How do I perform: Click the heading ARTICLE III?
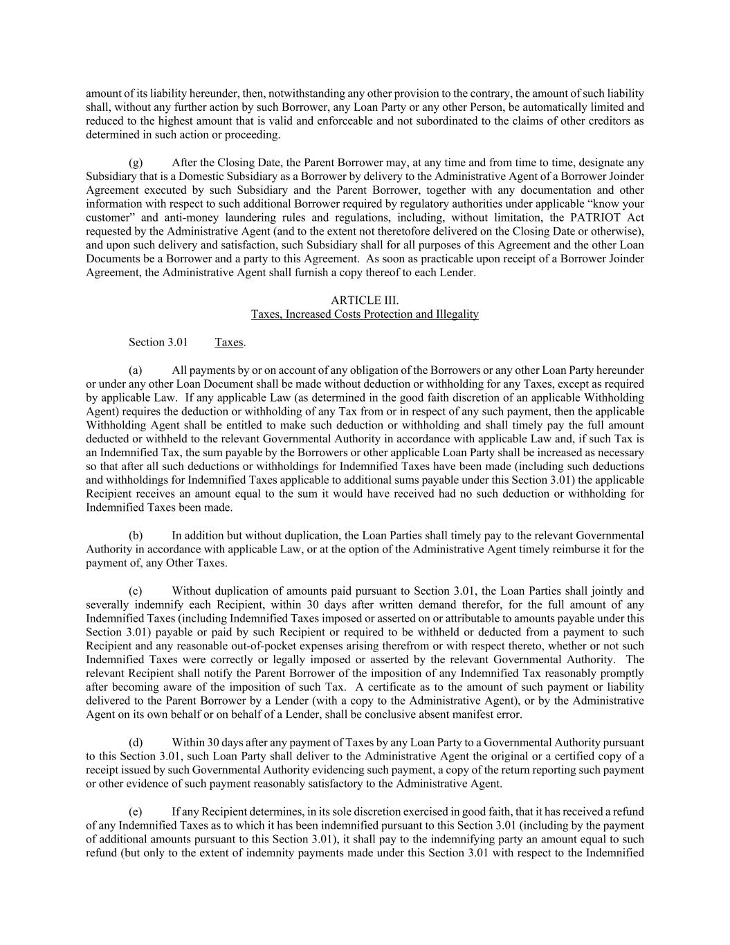tap(365, 300)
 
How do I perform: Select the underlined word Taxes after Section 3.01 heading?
tap(229, 342)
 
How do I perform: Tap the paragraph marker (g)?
tap(136, 163)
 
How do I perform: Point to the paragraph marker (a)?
tap(136, 370)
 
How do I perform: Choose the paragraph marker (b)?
tap(136, 535)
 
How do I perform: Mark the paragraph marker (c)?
tap(136, 591)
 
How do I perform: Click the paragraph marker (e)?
tap(136, 811)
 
